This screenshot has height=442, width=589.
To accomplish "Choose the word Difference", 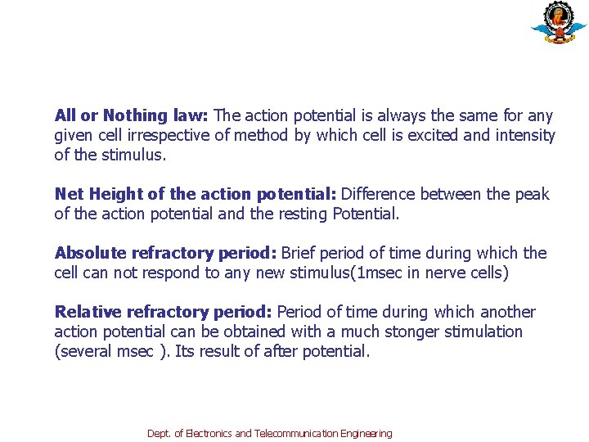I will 378,195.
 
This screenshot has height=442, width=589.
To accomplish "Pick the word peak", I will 533,195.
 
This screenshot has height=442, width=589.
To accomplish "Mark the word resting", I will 300,214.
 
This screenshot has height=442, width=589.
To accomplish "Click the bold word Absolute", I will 88,254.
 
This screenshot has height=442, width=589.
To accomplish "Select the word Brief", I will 299,254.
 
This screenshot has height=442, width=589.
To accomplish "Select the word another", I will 506,313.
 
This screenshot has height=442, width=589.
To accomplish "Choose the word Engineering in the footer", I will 367,434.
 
